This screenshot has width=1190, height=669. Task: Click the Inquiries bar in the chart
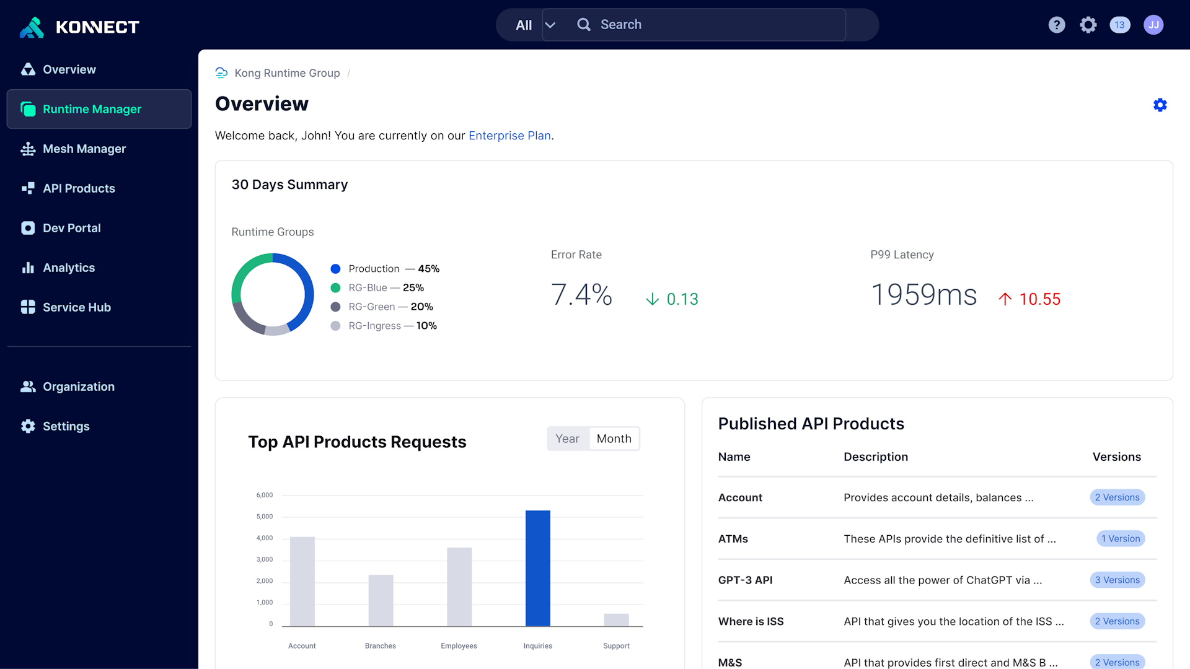pyautogui.click(x=537, y=568)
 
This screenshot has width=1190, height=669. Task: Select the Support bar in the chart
pyautogui.click(x=616, y=619)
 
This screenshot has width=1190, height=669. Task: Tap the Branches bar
pyautogui.click(x=381, y=600)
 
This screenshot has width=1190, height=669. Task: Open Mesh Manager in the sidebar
pyautogui.click(x=84, y=149)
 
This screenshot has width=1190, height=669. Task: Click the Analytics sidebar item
pyautogui.click(x=69, y=268)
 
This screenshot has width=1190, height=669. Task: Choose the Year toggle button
pyautogui.click(x=567, y=439)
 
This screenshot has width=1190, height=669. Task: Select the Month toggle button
pyautogui.click(x=614, y=439)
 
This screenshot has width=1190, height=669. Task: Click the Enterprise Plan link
pyautogui.click(x=509, y=136)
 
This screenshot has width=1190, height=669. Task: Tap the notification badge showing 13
pyautogui.click(x=1119, y=25)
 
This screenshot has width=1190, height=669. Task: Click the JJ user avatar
pyautogui.click(x=1153, y=25)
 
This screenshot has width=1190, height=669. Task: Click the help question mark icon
pyautogui.click(x=1057, y=25)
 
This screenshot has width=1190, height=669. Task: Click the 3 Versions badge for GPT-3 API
pyautogui.click(x=1117, y=580)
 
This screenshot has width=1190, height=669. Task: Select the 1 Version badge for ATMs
pyautogui.click(x=1121, y=539)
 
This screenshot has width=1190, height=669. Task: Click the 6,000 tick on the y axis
pyautogui.click(x=265, y=495)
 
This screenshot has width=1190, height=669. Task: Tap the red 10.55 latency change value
pyautogui.click(x=1039, y=299)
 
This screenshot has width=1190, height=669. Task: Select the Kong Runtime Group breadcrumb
pyautogui.click(x=287, y=73)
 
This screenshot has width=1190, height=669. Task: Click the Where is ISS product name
pyautogui.click(x=751, y=621)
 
